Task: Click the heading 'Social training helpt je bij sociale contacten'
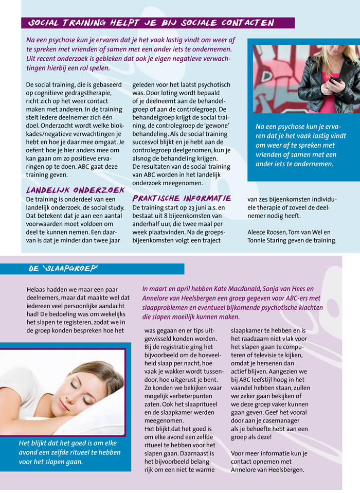(150, 23)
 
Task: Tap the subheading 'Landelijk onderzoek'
(76, 190)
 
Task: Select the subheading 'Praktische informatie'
(182, 198)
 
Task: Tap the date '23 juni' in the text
(192, 207)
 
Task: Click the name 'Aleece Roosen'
(267, 232)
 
